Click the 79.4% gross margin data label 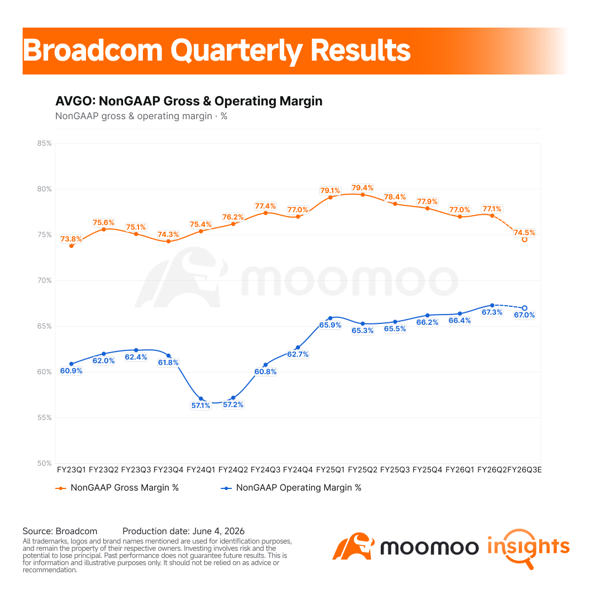362,188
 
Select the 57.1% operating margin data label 201,406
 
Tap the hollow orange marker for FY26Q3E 525,240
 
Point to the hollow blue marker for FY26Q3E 525,308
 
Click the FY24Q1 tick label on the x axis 201,470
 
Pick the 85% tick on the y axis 44,143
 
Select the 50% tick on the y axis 44,464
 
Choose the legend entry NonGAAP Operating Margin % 291,488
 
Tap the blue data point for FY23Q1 71,364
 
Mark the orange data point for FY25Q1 331,197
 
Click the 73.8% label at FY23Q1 71,239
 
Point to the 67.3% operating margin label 492,312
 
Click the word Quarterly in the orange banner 236,51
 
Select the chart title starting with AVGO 189,101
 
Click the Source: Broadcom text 60,531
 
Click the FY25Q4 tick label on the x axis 427,470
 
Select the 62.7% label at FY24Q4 297,354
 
